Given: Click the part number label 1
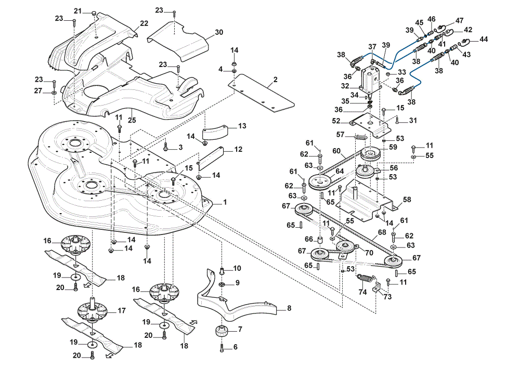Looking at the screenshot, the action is (225, 202).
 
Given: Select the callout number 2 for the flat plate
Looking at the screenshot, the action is (275, 80).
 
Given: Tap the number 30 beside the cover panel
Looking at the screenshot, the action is (219, 32).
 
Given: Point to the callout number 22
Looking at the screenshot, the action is (144, 23).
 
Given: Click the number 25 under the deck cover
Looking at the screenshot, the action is (132, 120).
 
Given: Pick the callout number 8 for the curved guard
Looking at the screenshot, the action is (289, 308).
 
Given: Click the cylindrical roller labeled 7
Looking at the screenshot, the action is (220, 331).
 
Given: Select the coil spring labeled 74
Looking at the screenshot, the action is (366, 279).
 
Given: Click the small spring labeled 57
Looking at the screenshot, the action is (360, 136).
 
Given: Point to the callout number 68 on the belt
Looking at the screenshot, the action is (382, 232).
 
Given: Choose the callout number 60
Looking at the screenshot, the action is (336, 151).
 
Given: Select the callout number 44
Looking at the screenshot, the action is (484, 39).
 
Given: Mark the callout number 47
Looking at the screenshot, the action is (459, 21).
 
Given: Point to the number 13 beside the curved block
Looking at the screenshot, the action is (242, 126).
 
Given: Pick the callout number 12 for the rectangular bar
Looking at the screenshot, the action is (238, 149).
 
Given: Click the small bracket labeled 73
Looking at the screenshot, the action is (376, 287).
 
